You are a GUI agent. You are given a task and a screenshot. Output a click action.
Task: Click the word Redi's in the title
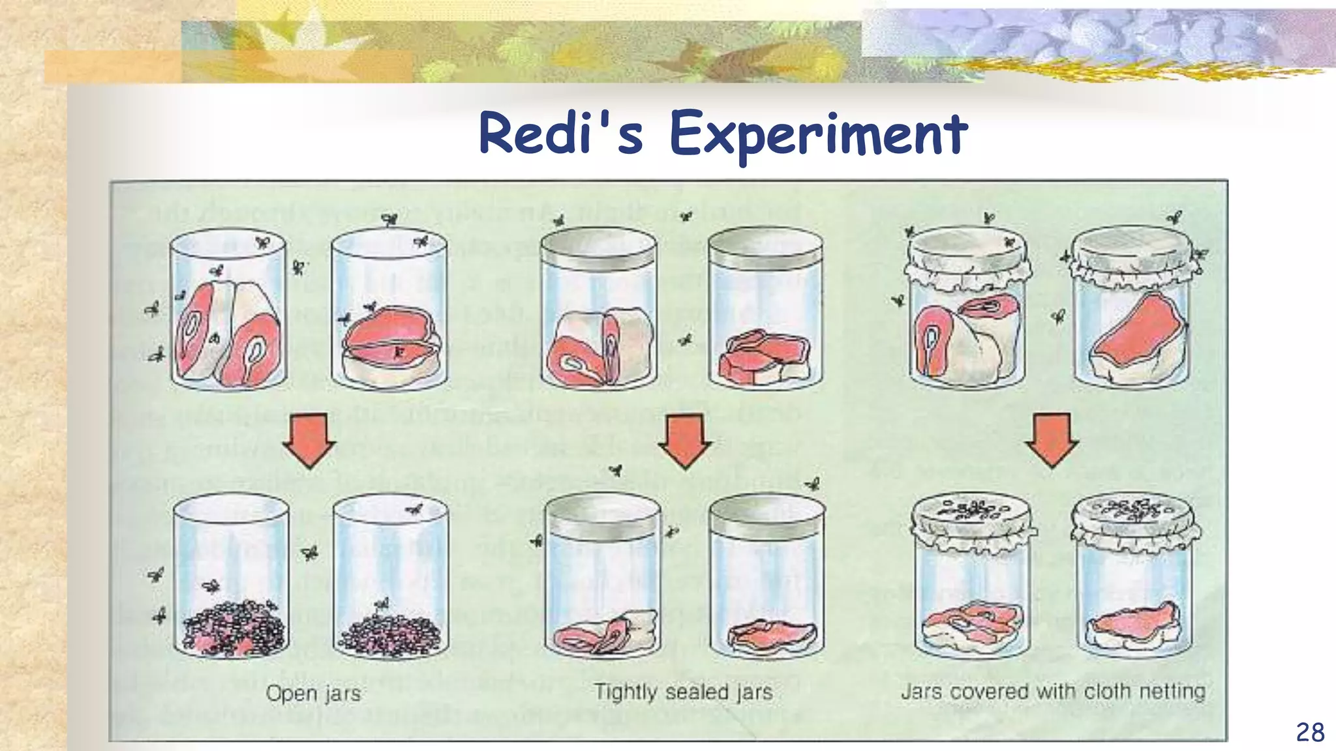pos(561,134)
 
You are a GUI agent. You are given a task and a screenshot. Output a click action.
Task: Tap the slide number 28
pos(1310,732)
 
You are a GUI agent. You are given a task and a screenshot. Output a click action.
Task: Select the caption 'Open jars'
pos(313,693)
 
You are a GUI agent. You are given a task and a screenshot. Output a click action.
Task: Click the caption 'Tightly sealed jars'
pos(683,692)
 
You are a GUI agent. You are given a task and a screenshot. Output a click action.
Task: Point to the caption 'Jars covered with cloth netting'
pos(1053,691)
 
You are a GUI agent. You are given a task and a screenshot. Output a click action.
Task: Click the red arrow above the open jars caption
pos(309,441)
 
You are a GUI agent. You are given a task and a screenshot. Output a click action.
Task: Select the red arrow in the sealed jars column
pos(684,441)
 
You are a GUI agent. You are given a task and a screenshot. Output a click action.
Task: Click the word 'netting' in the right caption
pos(1172,692)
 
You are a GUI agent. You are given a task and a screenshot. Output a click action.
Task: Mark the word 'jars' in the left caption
pos(343,693)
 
